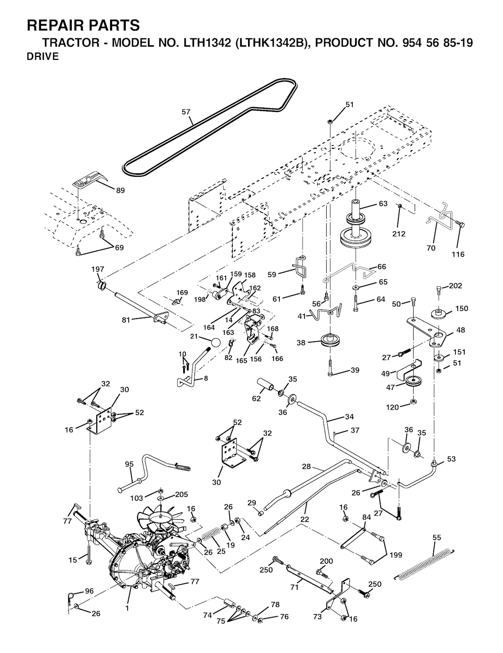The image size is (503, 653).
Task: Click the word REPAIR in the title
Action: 54,25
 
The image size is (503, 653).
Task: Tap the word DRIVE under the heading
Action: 43,57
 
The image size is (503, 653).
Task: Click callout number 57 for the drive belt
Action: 186,112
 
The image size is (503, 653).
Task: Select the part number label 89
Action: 120,190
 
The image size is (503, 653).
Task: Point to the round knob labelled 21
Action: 215,343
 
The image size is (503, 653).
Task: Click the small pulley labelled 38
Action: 330,341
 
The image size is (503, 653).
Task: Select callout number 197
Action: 98,269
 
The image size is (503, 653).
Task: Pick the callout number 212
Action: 399,234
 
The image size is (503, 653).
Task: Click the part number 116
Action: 458,254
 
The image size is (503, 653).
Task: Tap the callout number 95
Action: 129,464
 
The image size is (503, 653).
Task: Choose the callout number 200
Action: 327,561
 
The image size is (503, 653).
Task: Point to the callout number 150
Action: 462,309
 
